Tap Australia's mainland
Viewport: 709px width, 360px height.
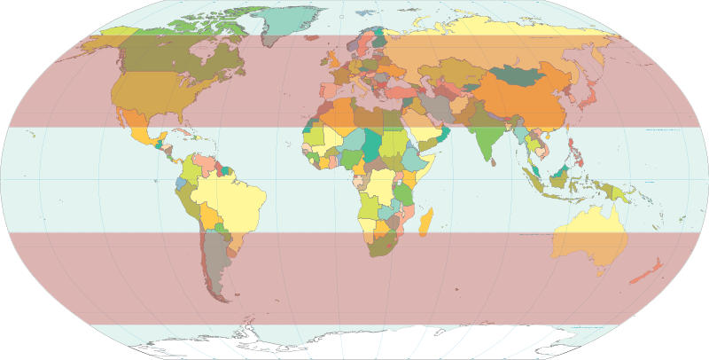click(x=588, y=236)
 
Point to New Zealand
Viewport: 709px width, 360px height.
click(x=645, y=271)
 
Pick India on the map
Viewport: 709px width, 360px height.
click(x=485, y=133)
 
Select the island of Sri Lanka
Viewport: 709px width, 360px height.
click(x=494, y=160)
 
